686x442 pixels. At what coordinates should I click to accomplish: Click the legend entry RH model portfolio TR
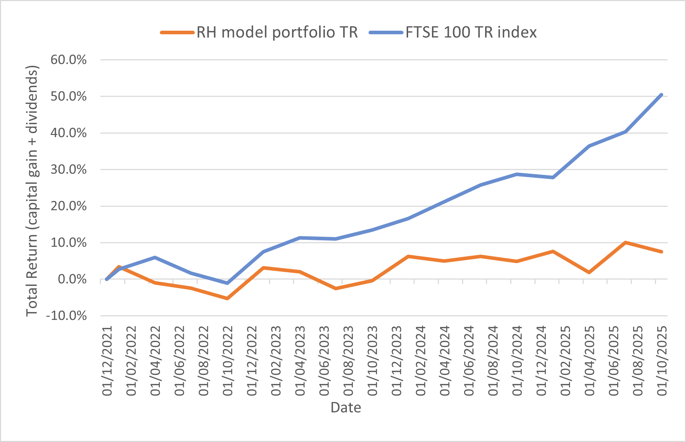(x=277, y=32)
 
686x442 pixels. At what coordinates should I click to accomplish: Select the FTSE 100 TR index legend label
(x=471, y=32)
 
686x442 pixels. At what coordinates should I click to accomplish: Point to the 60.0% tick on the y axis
(x=68, y=60)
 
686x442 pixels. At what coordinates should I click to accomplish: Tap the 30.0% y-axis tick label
(x=68, y=169)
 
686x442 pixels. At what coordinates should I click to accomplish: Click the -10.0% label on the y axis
(x=66, y=316)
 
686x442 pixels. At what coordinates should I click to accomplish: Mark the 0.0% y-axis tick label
(x=72, y=279)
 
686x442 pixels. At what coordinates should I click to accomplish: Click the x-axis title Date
(x=346, y=407)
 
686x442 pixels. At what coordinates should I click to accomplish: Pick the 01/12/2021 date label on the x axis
(x=107, y=361)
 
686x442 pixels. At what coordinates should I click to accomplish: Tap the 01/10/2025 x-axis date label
(x=662, y=361)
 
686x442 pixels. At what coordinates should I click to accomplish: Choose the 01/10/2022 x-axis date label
(x=228, y=361)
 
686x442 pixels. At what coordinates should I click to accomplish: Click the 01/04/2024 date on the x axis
(x=444, y=361)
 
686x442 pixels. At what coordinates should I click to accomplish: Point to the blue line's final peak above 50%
(x=661, y=95)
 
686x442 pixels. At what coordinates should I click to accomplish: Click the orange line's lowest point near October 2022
(x=227, y=298)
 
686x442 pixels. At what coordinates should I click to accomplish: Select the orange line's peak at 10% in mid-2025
(x=625, y=242)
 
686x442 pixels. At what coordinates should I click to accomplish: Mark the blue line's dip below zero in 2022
(x=227, y=283)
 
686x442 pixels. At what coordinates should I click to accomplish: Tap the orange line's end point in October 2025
(x=661, y=252)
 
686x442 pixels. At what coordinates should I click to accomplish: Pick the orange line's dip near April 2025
(x=589, y=272)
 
